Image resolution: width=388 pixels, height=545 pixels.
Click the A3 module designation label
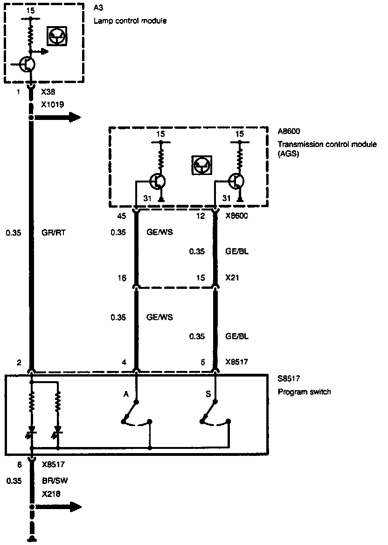98,9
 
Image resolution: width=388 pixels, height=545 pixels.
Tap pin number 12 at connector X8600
201,216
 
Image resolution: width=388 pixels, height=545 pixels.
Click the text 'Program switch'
304,391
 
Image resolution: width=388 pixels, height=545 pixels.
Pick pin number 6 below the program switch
19,465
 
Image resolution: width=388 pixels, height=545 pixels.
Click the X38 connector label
48,92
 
